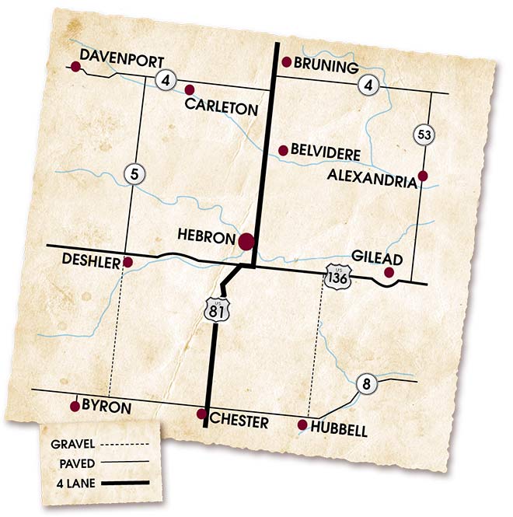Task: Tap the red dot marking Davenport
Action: pyautogui.click(x=75, y=68)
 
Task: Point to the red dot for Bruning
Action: pyautogui.click(x=286, y=62)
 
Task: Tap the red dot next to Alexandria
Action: pyautogui.click(x=423, y=176)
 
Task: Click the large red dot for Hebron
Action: pyautogui.click(x=246, y=241)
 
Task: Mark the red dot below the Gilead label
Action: pyautogui.click(x=389, y=273)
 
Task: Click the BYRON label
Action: pyautogui.click(x=107, y=407)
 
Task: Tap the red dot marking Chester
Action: pyautogui.click(x=201, y=414)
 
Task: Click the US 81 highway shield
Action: pyautogui.click(x=215, y=308)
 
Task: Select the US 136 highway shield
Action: pyautogui.click(x=336, y=277)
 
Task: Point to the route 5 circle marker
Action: pyautogui.click(x=135, y=174)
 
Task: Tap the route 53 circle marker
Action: pyautogui.click(x=424, y=134)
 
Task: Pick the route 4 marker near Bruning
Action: pyautogui.click(x=369, y=85)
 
